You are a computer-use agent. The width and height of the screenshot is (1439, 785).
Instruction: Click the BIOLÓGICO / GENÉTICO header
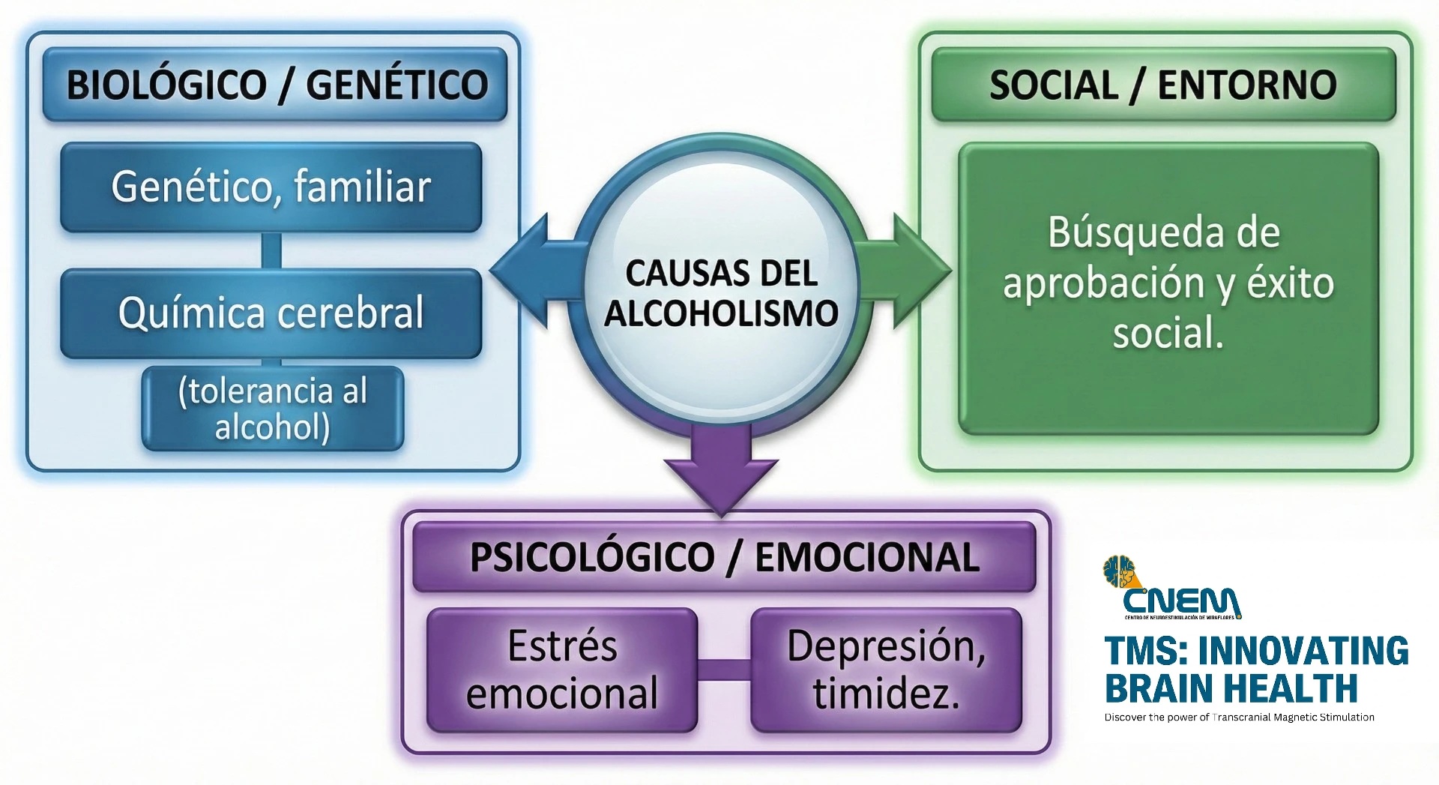point(275,84)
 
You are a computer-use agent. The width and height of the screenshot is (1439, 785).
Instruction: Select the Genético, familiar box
point(271,187)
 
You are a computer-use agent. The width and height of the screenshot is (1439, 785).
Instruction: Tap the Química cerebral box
point(271,313)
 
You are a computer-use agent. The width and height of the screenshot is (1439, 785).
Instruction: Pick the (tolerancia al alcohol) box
point(273,409)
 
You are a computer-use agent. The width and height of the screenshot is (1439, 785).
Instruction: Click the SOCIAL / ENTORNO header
point(1163,84)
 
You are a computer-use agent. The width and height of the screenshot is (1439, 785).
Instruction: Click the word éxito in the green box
point(1291,283)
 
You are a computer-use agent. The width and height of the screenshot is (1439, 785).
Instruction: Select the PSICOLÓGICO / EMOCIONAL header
point(724,557)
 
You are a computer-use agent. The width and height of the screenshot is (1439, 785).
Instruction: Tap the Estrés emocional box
point(562,670)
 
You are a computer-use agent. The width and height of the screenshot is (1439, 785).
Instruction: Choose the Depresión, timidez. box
point(886,670)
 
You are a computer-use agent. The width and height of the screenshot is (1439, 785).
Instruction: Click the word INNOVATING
point(1303,651)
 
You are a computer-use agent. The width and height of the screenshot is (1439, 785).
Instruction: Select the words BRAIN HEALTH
point(1231,688)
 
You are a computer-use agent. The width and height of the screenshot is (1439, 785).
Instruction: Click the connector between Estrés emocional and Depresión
point(724,670)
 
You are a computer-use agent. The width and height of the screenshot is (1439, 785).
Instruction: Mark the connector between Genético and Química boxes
point(271,250)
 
